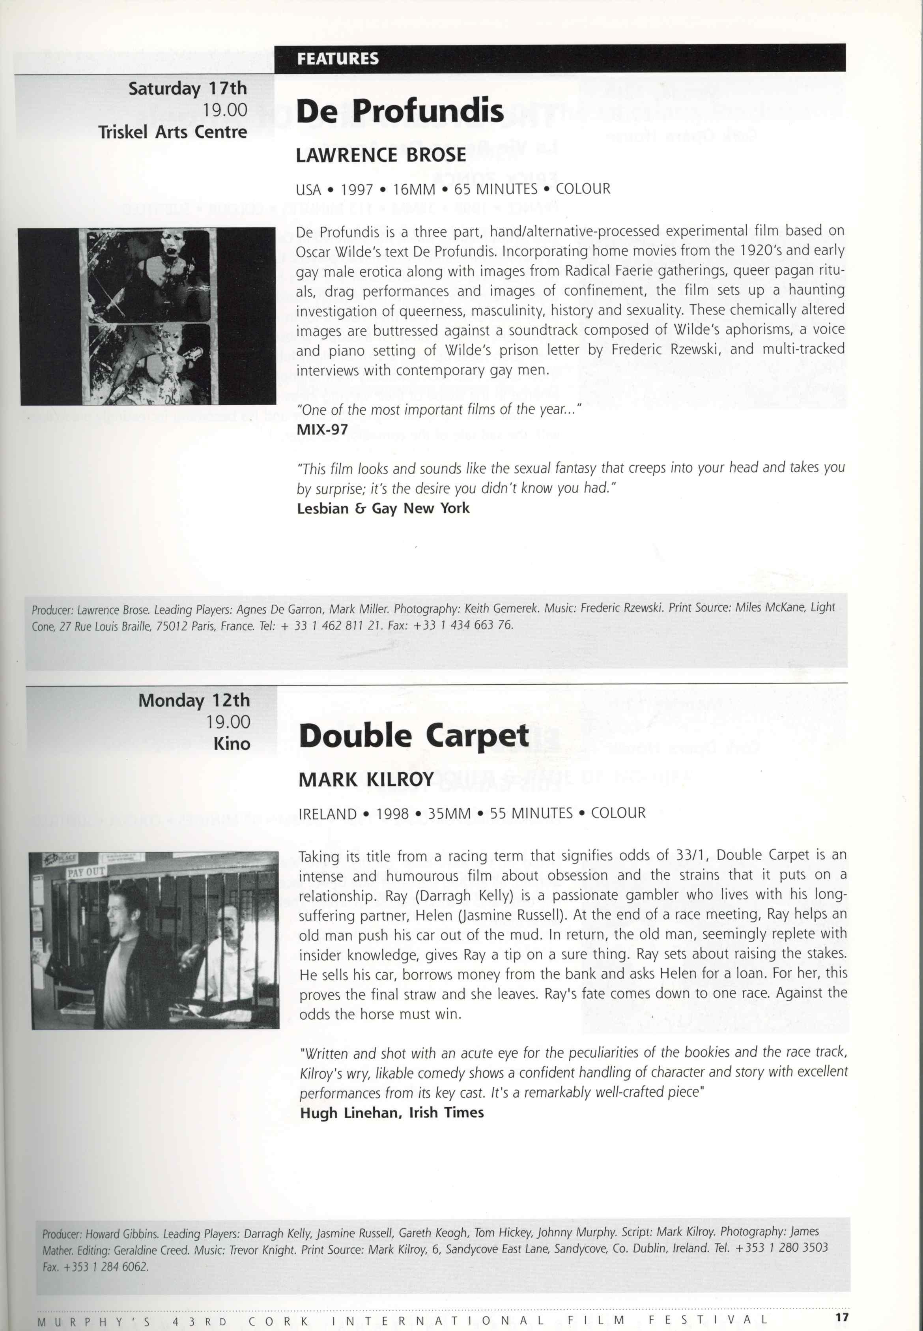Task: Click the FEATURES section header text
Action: point(338,58)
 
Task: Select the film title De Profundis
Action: point(400,110)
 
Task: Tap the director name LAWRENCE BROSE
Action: point(381,155)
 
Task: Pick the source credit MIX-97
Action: point(322,429)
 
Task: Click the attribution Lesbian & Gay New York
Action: point(383,509)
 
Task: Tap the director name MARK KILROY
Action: point(366,780)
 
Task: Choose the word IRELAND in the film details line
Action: point(327,814)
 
